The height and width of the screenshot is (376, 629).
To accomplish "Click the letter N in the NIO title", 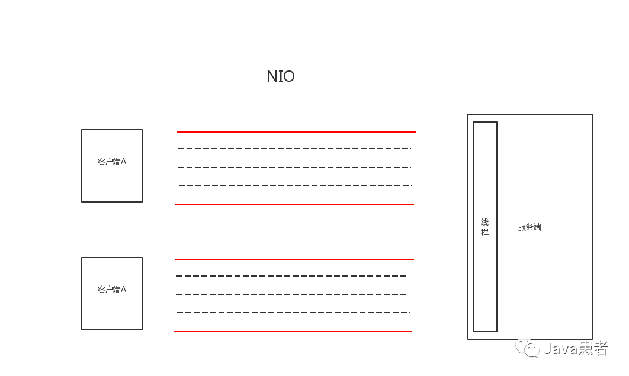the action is click(x=272, y=77).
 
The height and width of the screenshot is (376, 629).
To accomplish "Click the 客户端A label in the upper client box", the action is click(x=112, y=162).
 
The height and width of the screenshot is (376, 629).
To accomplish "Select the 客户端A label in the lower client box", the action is click(x=112, y=290).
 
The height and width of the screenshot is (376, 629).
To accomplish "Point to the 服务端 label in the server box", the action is click(x=529, y=227).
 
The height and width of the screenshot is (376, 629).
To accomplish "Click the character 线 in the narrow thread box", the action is click(x=484, y=222).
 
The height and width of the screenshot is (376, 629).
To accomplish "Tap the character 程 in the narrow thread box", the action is click(x=484, y=232).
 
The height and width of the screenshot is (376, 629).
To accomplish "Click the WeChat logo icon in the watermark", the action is click(x=527, y=348).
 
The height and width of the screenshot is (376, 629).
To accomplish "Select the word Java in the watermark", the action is click(x=561, y=349).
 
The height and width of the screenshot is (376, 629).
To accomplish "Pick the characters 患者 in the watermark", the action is click(x=593, y=349).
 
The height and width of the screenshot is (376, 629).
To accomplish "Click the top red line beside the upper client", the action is click(x=296, y=132).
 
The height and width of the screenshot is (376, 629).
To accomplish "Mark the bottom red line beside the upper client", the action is click(x=294, y=204).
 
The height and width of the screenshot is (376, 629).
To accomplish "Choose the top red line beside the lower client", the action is click(x=294, y=259).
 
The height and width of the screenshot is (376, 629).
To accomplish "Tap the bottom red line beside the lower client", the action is click(x=293, y=332).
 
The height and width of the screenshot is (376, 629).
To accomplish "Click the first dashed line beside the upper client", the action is click(x=294, y=149).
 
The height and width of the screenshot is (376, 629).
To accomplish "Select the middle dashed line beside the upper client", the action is click(x=294, y=168).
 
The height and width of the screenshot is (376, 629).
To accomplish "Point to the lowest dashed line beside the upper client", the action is click(x=294, y=185).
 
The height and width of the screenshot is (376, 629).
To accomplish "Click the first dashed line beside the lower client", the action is click(x=293, y=276).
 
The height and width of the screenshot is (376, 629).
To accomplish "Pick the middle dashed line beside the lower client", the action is click(x=293, y=295).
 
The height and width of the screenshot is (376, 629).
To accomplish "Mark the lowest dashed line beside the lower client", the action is click(x=293, y=313).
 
